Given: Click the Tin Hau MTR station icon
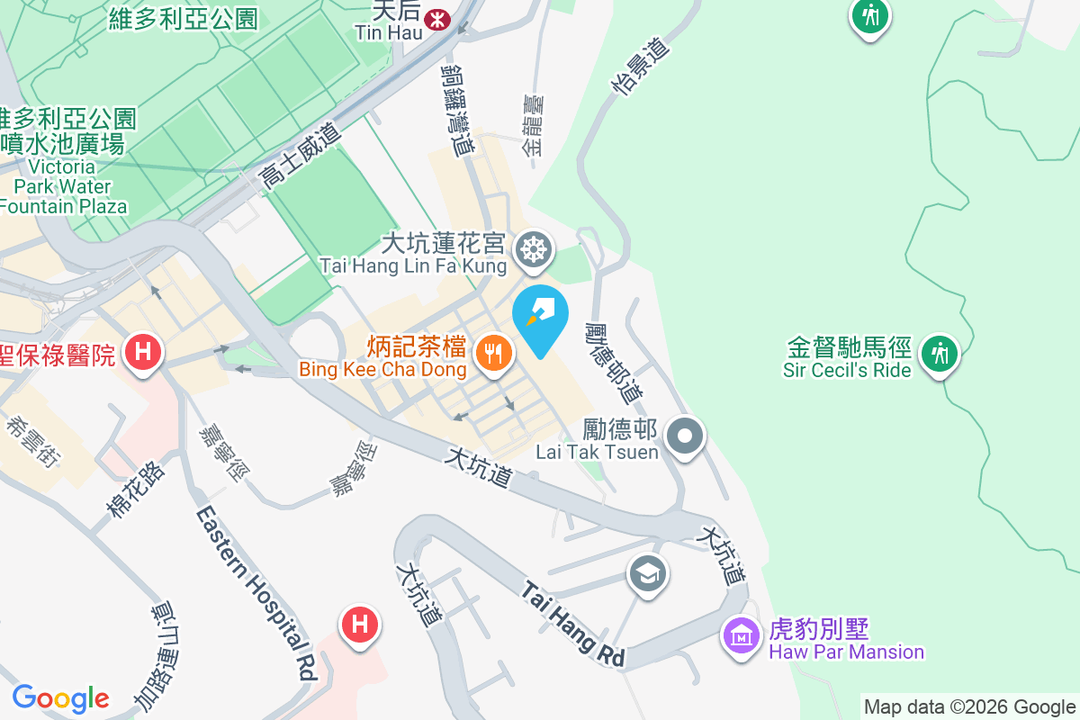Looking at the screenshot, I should pos(438,18).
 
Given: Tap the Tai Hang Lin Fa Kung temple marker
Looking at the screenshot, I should pos(534,249).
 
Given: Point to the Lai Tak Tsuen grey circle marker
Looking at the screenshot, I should pos(685,438).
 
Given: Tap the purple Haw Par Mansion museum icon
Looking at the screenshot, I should pos(741,636).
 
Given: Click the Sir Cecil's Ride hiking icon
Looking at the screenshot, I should pos(940,353).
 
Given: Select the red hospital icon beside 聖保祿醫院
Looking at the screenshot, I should pos(142,351).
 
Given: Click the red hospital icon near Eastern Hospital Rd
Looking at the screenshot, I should pos(359,624).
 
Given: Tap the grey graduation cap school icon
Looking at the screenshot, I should pos(648,573).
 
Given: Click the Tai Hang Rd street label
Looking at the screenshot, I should pos(574,624).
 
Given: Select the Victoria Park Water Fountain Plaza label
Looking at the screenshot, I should pos(63,187).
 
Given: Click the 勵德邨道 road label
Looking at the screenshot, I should pos(615,362).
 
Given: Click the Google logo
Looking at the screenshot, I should pos(60,698).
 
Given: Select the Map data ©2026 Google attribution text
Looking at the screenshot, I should pos(969,707).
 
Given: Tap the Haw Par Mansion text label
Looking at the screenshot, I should pos(846,652).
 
